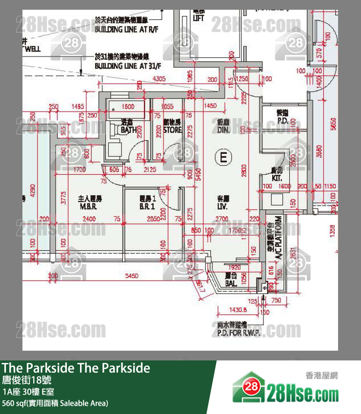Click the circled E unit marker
click(223, 157)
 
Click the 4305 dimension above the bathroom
click(159, 78)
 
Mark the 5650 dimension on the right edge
click(334, 124)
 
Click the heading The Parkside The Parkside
click(76, 368)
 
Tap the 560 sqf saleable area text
click(55, 403)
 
